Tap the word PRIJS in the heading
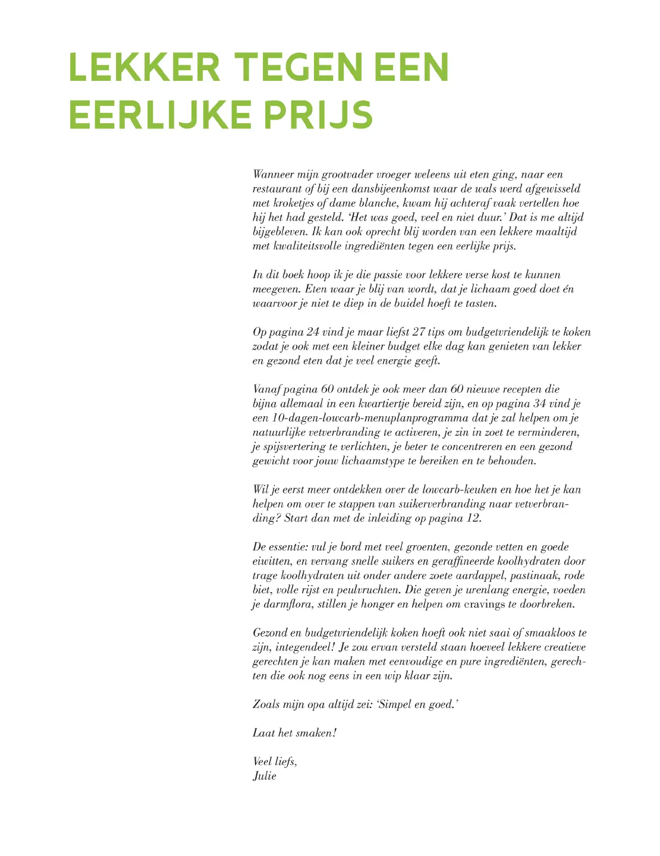coord(318,115)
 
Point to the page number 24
coord(313,332)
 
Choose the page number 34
coord(539,404)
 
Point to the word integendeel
coord(301,647)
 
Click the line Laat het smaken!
coord(295,734)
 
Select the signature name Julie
coord(265,776)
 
